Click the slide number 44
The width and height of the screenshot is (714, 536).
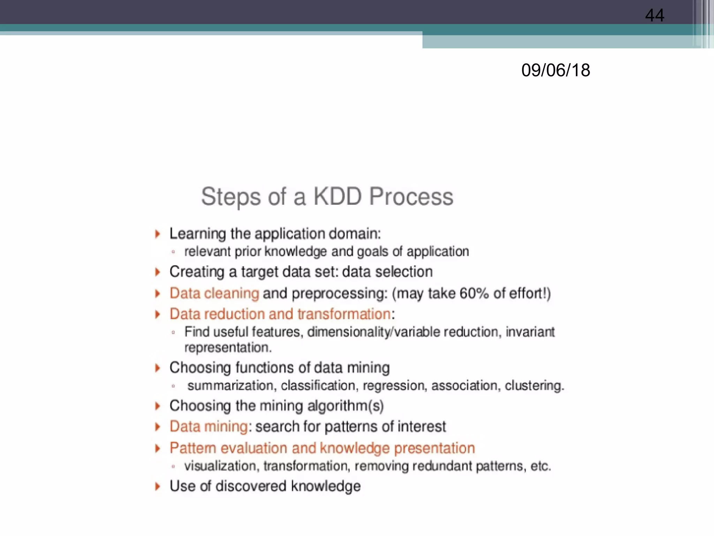[x=654, y=15]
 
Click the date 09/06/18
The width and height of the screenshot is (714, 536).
[x=555, y=70]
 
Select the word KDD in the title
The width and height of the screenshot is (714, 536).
[x=337, y=196]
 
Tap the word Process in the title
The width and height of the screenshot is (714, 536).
[x=411, y=196]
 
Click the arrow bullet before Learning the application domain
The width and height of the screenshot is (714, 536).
[x=158, y=234]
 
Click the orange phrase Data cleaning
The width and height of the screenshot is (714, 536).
[x=214, y=293]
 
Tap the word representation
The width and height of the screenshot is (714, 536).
[x=227, y=348]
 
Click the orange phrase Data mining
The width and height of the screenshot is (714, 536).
[x=208, y=427]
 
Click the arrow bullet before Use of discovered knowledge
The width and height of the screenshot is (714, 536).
[x=158, y=486]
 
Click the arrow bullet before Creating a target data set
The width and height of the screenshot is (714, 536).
[x=158, y=272]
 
